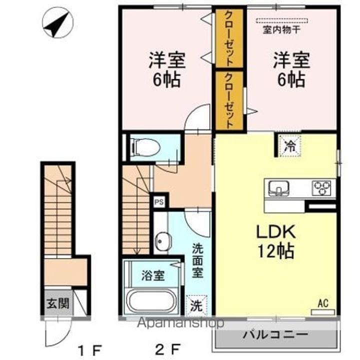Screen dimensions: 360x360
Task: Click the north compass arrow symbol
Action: pyautogui.click(x=57, y=24)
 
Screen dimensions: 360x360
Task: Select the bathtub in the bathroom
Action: pyautogui.click(x=151, y=302)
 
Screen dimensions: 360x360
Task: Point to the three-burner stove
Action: pyautogui.click(x=322, y=188)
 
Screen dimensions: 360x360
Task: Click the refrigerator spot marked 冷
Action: pyautogui.click(x=289, y=146)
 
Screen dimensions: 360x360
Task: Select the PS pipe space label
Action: pyautogui.click(x=159, y=202)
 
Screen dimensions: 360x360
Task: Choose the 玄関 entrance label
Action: pyautogui.click(x=55, y=303)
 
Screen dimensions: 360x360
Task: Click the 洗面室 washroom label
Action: pyautogui.click(x=198, y=260)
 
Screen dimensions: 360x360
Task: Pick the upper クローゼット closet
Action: pyautogui.click(x=229, y=38)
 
